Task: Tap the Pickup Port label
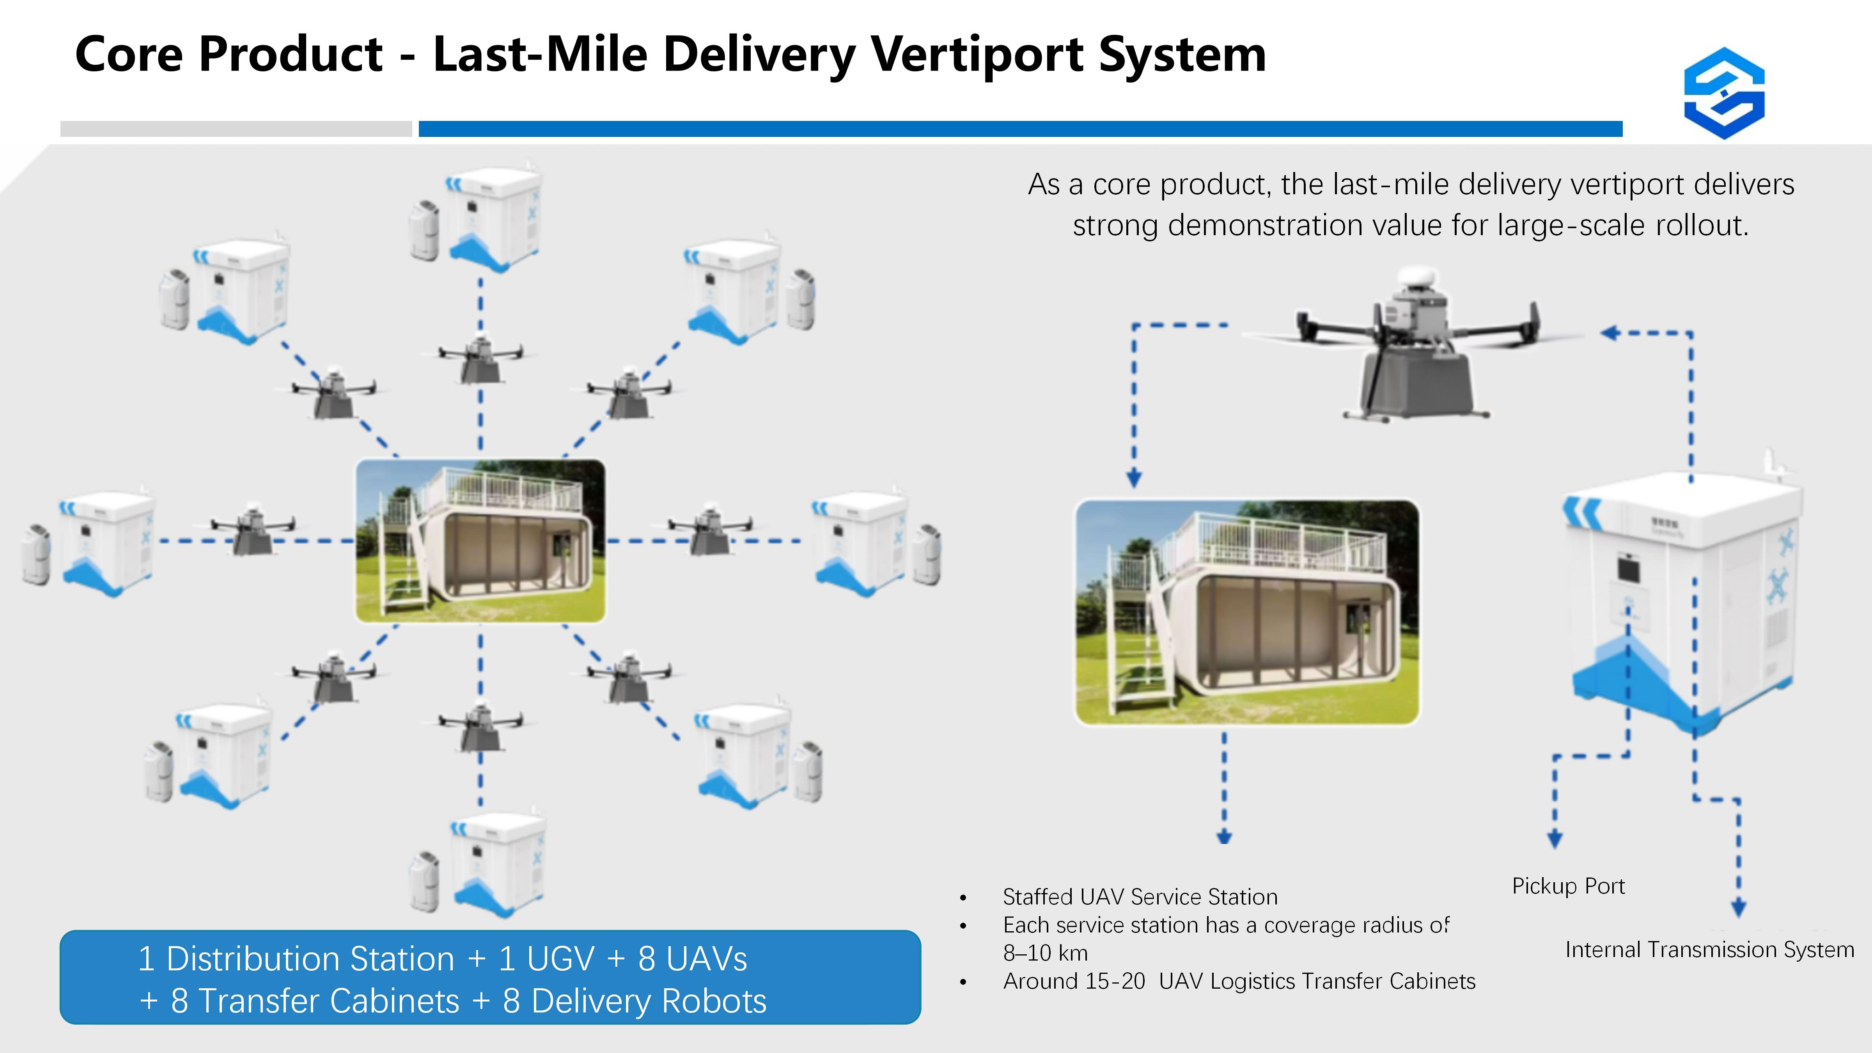[1568, 886]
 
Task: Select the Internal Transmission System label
[1709, 949]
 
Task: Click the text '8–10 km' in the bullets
[1045, 953]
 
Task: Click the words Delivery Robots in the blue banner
[649, 1001]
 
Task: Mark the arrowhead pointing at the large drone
[1610, 333]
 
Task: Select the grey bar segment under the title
[236, 129]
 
